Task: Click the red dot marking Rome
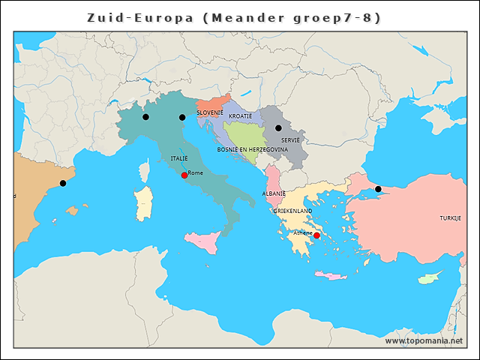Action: [x=184, y=175]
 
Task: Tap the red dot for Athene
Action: [x=316, y=235]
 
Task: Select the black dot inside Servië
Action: [x=278, y=128]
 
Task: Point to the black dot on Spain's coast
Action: [x=63, y=183]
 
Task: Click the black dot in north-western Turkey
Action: [x=378, y=189]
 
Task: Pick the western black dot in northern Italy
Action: [x=145, y=117]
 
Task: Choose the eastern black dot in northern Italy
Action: [x=181, y=117]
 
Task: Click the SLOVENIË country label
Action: [x=210, y=112]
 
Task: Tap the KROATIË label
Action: [x=240, y=116]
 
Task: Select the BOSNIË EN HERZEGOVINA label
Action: [x=252, y=149]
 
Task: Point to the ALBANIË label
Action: [x=274, y=193]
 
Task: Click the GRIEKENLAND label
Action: [x=292, y=211]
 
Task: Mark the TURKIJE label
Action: [x=450, y=218]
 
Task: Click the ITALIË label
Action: [x=179, y=158]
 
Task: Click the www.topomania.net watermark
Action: [x=424, y=340]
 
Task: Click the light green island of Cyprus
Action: [x=428, y=279]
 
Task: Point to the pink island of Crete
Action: [x=330, y=276]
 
